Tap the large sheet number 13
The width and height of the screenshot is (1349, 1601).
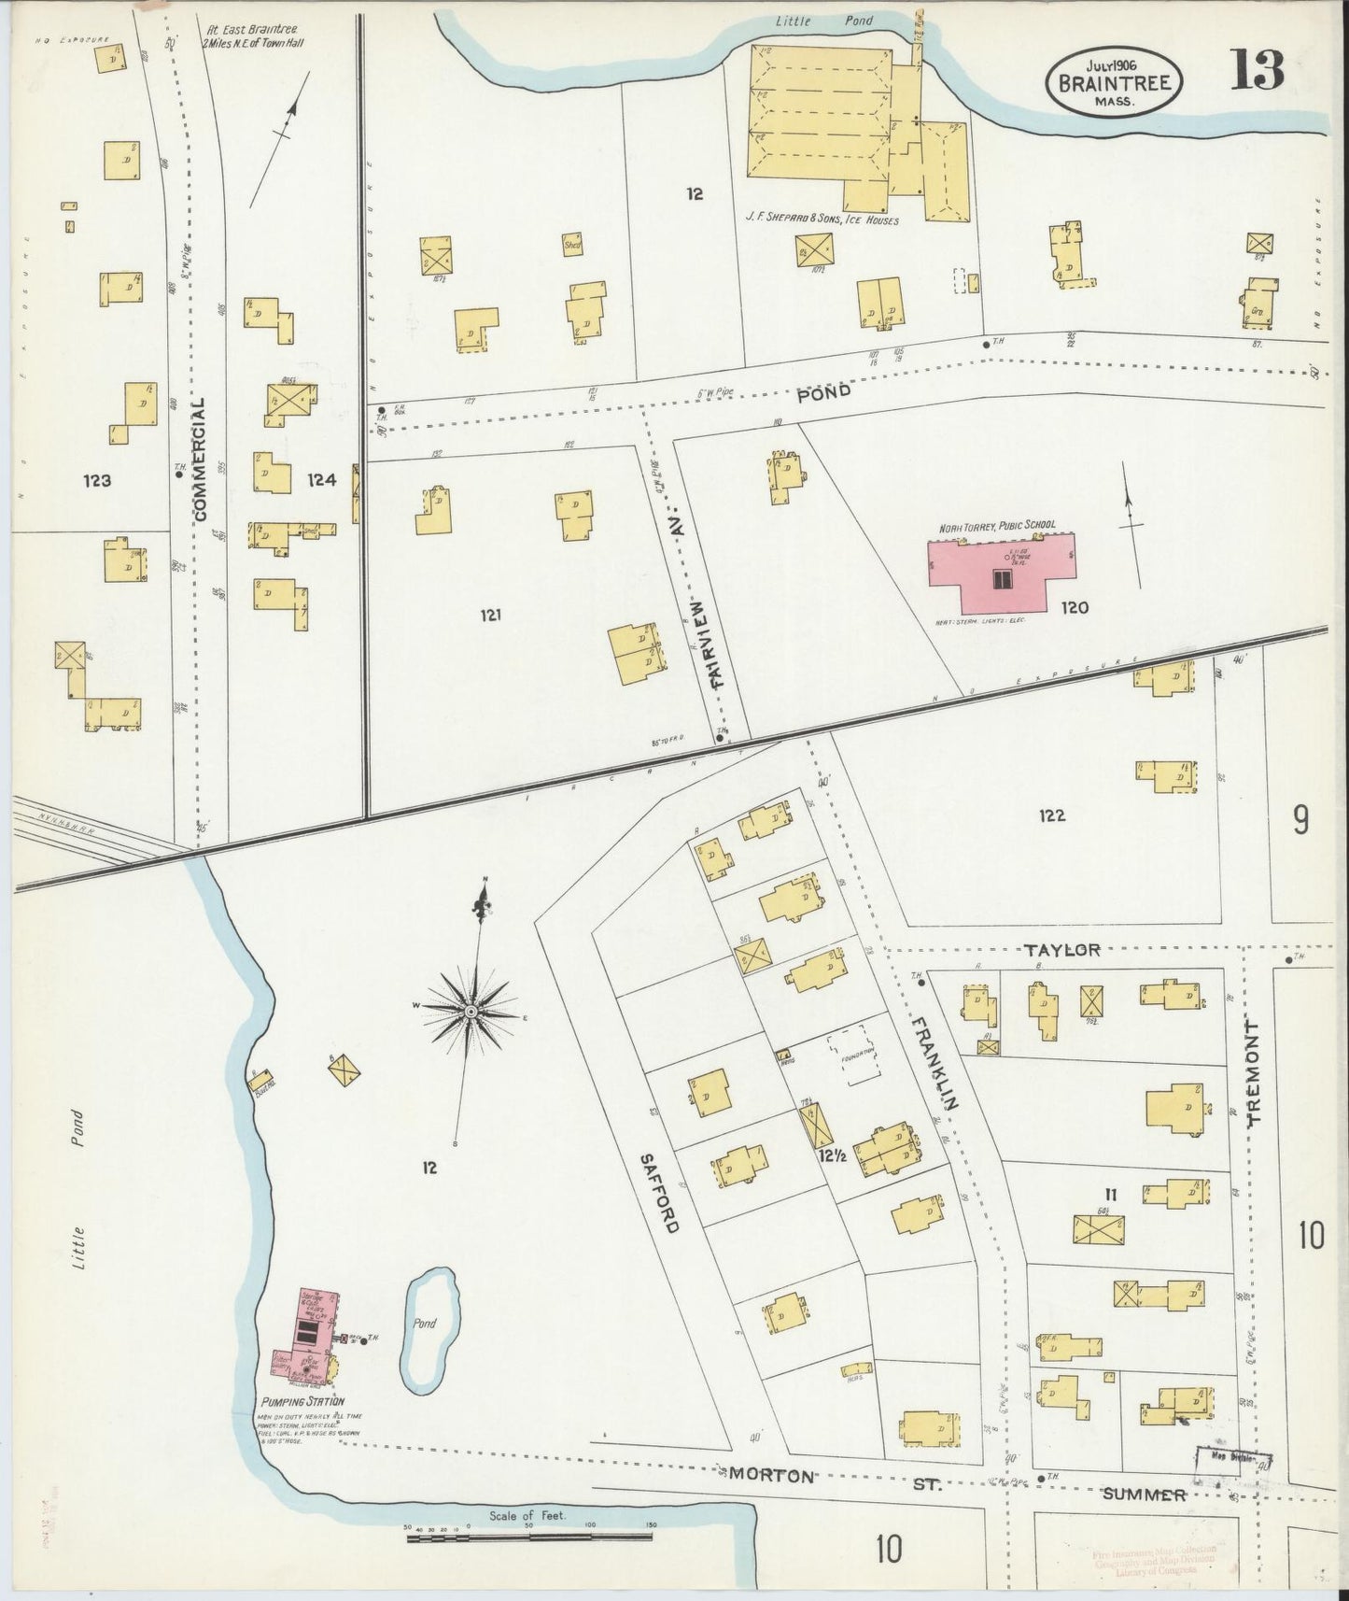pyautogui.click(x=1257, y=71)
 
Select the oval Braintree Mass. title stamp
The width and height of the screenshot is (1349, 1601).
pyautogui.click(x=1115, y=82)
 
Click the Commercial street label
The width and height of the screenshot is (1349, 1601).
pyautogui.click(x=200, y=459)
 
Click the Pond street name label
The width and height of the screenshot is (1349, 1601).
pyautogui.click(x=823, y=392)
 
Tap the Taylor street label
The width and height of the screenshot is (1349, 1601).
pyautogui.click(x=1061, y=950)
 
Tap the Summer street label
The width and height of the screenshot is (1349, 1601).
pyautogui.click(x=1145, y=1495)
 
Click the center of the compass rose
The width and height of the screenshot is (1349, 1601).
pyautogui.click(x=471, y=1012)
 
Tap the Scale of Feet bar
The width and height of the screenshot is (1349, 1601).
pyautogui.click(x=530, y=1536)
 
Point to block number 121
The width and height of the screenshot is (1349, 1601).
pyautogui.click(x=492, y=615)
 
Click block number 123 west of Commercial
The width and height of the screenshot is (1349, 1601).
pyautogui.click(x=97, y=481)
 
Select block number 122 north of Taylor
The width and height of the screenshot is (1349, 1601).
pyautogui.click(x=1052, y=815)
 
